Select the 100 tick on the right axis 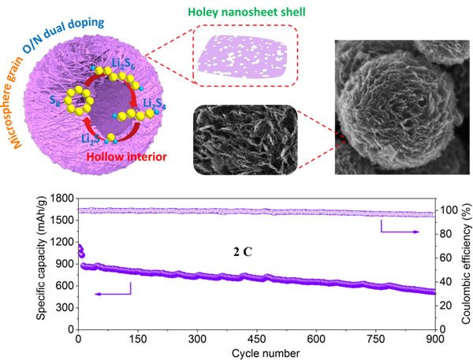tap(446, 210)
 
